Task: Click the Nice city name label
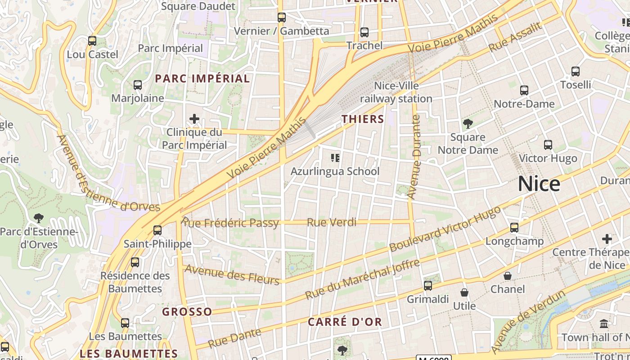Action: [x=539, y=184]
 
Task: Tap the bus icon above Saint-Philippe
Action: [x=157, y=230]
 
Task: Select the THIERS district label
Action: [x=363, y=119]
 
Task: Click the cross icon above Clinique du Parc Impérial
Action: [x=194, y=119]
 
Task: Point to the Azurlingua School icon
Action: [x=335, y=157]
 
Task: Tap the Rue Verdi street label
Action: [x=331, y=222]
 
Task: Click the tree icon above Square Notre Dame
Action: [x=468, y=123]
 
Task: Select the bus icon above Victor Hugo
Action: [x=548, y=145]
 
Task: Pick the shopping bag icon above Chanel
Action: [x=508, y=275]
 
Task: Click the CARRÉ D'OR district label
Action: [x=345, y=322]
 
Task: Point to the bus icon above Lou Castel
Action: [x=92, y=41]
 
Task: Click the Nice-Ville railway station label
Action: [x=396, y=92]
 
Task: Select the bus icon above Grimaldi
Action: [x=428, y=286]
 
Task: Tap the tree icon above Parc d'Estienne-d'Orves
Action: [x=39, y=218]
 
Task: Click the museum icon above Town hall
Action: [x=604, y=324]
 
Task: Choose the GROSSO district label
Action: [x=187, y=312]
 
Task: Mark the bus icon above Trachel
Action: [x=364, y=32]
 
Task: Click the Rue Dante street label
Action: [x=234, y=338]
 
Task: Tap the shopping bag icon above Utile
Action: [x=464, y=293]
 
